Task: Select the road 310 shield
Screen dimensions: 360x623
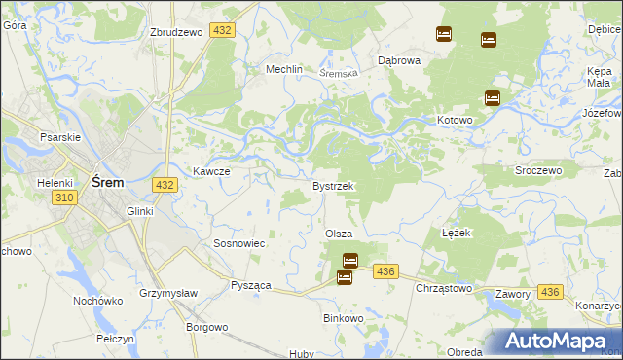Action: tap(65, 197)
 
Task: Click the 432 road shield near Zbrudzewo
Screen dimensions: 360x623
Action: tap(223, 31)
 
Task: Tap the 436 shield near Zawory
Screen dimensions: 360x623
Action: tap(550, 292)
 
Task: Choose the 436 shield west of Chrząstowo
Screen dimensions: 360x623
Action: tap(385, 272)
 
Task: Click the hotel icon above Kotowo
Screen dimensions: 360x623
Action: tap(493, 98)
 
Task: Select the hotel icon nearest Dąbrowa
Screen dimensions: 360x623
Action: tap(444, 34)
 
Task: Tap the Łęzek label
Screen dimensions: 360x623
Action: tap(456, 234)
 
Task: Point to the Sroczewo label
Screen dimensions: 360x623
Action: tap(538, 170)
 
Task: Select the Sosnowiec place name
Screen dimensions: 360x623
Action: tap(239, 243)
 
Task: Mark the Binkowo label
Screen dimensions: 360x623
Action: tap(343, 318)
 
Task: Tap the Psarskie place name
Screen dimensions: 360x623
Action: tap(58, 137)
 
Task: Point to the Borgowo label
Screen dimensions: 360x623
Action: tap(206, 328)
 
